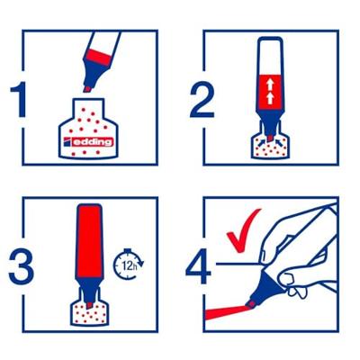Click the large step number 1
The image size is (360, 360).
click(20, 100)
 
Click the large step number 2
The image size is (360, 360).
click(202, 100)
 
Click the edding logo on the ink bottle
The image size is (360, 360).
click(88, 142)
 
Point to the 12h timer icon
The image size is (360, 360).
click(129, 264)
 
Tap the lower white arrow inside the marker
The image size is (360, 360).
click(270, 98)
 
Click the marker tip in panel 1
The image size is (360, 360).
click(87, 89)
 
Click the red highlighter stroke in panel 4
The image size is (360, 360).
click(227, 311)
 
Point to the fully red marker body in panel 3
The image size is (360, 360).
click(89, 241)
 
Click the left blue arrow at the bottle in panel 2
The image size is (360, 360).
click(261, 141)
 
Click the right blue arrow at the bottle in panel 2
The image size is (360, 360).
click(279, 141)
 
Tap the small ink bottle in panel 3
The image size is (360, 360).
click(89, 309)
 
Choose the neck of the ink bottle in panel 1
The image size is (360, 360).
click(88, 109)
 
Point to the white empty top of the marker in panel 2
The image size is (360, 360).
click(270, 56)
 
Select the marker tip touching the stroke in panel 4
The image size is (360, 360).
click(250, 304)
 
